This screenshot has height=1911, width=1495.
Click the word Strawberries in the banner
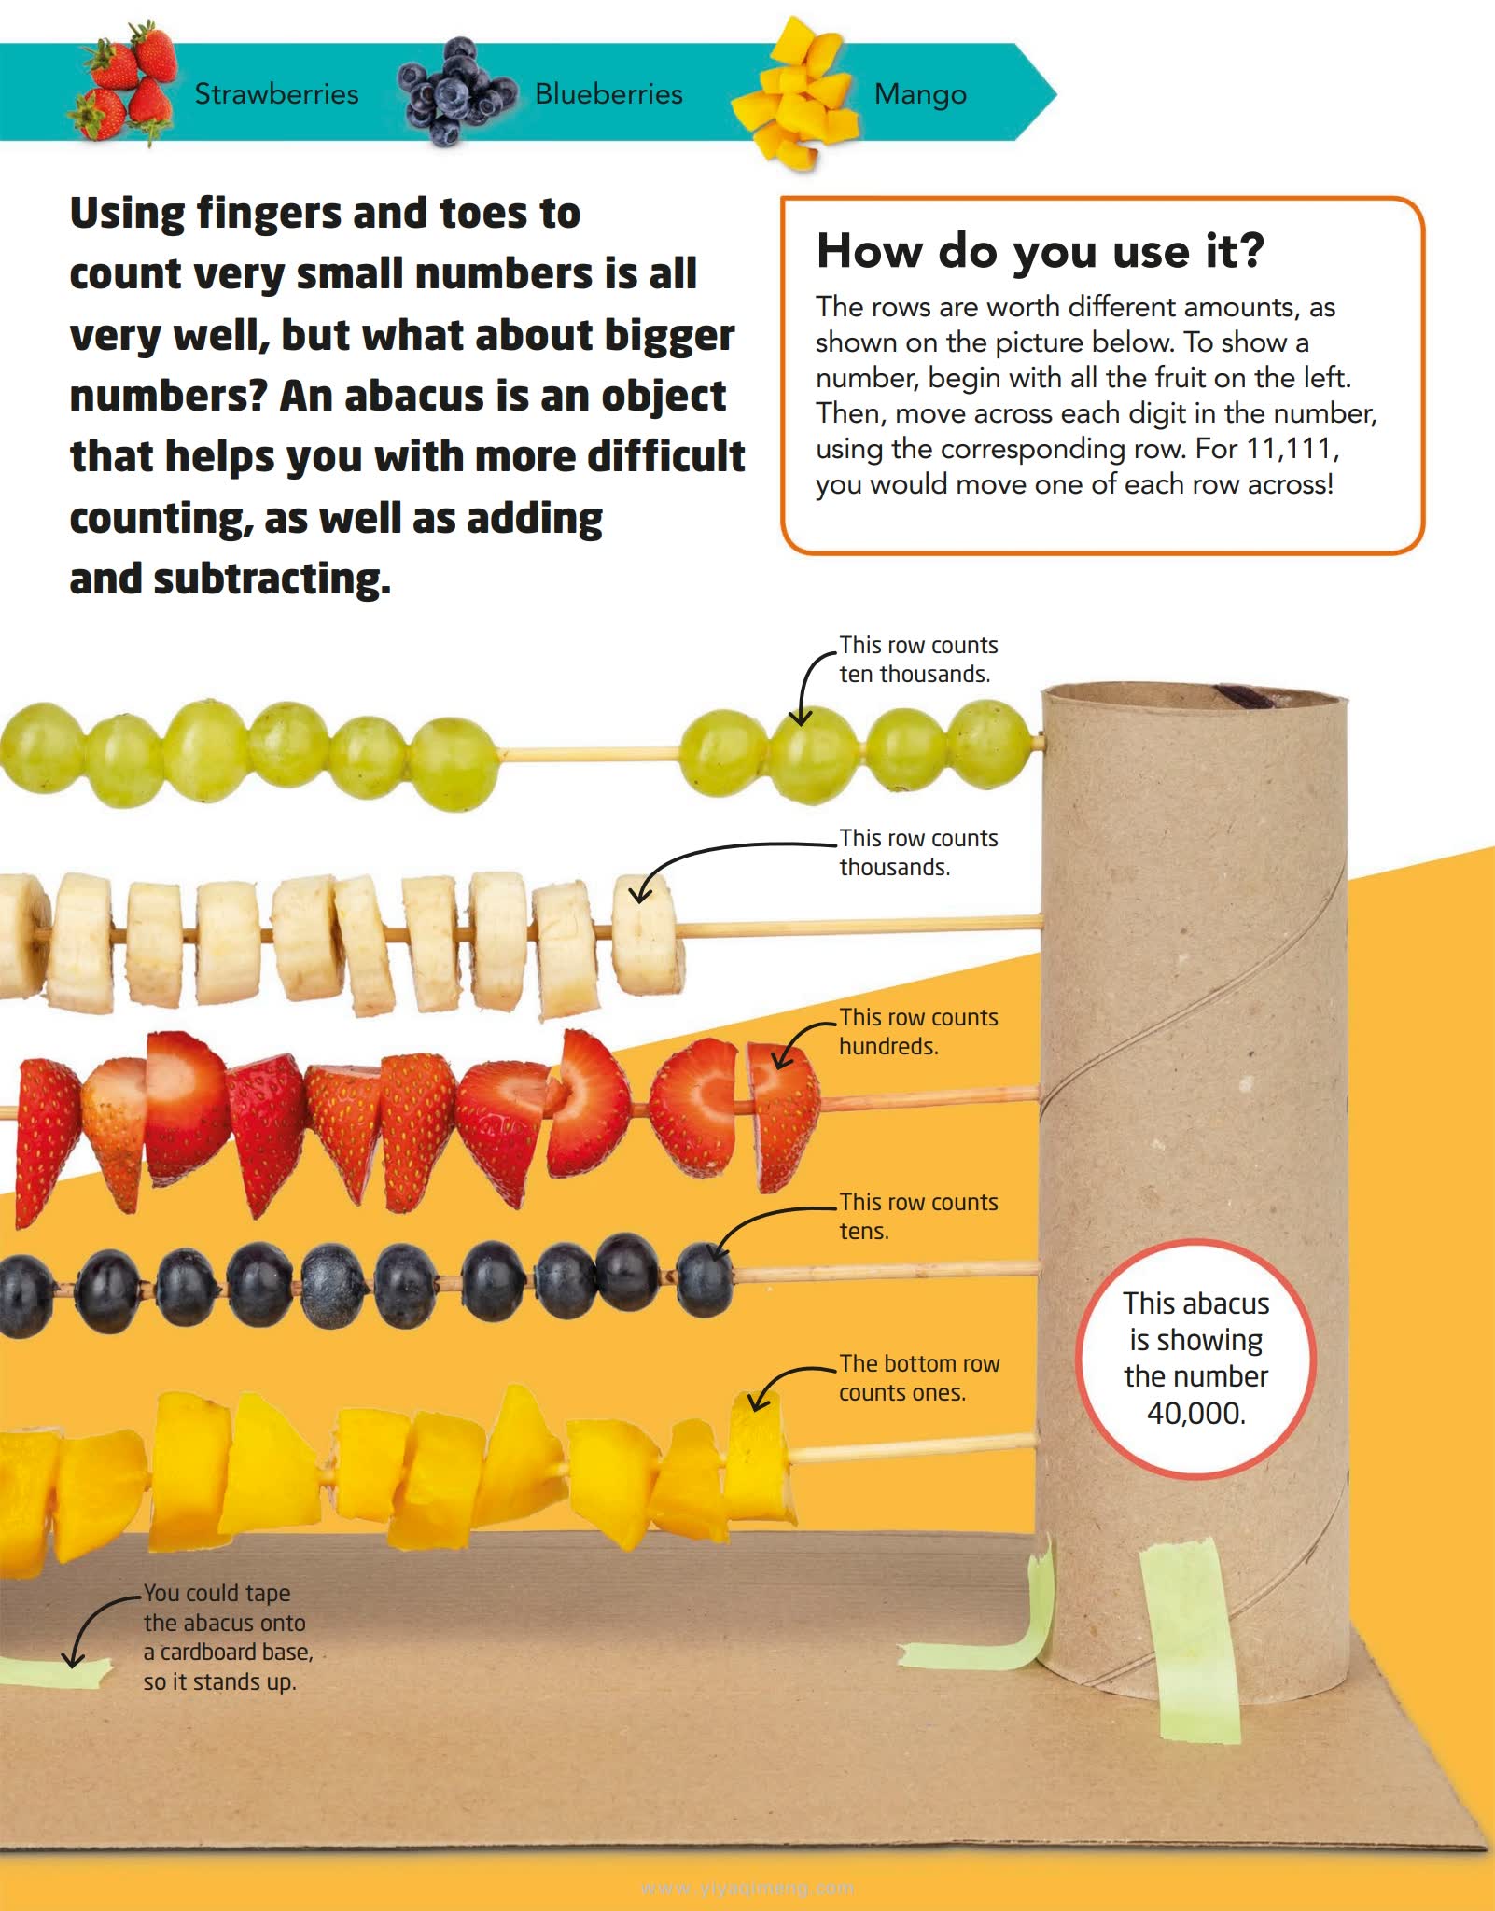pyautogui.click(x=276, y=93)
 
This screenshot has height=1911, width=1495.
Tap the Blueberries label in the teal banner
pyautogui.click(x=608, y=93)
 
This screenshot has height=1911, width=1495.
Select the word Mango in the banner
pyautogui.click(x=920, y=94)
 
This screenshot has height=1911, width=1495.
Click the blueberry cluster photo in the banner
pyautogui.click(x=456, y=91)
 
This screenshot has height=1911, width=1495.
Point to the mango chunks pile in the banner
pyautogui.click(x=799, y=93)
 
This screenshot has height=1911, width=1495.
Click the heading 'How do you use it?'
pyautogui.click(x=1040, y=250)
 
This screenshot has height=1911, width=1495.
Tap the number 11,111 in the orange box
pyautogui.click(x=1292, y=449)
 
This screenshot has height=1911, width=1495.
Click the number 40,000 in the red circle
pyautogui.click(x=1195, y=1414)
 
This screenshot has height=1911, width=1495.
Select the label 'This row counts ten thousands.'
pyautogui.click(x=918, y=660)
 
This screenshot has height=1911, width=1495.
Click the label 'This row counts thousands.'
pyautogui.click(x=918, y=853)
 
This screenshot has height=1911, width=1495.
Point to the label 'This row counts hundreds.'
pyautogui.click(x=918, y=1032)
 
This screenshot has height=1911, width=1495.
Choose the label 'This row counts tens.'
pyautogui.click(x=918, y=1217)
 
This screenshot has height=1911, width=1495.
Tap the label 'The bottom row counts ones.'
pyautogui.click(x=919, y=1378)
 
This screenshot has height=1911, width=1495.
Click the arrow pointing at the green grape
pyautogui.click(x=806, y=674)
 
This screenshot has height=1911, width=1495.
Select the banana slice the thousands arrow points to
pyautogui.click(x=647, y=933)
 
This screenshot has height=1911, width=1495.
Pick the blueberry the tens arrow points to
pyautogui.click(x=704, y=1277)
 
